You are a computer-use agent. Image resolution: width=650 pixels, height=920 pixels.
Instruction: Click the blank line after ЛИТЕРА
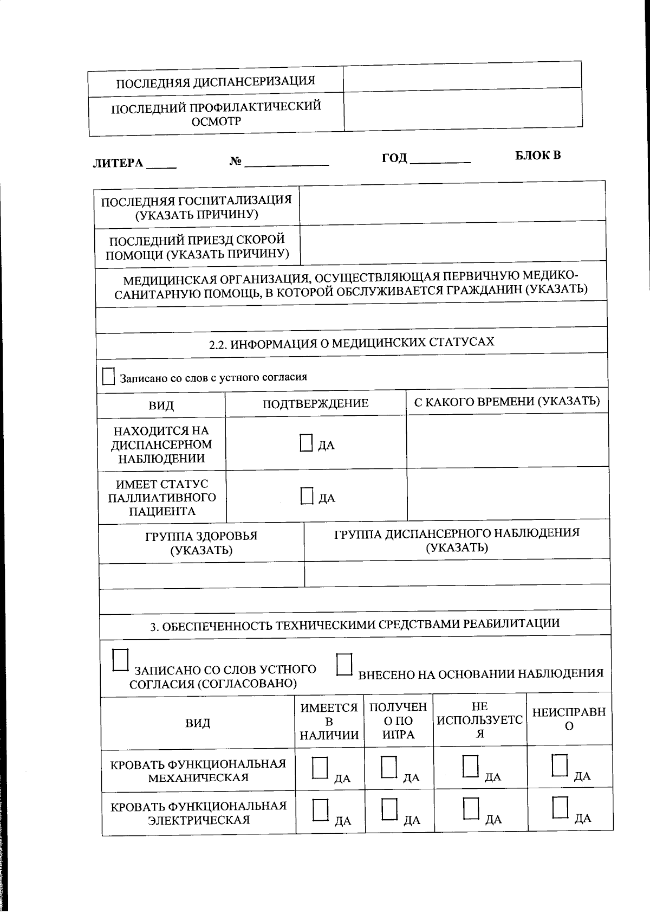[162, 165]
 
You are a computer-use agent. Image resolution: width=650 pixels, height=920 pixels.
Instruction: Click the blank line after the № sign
[287, 162]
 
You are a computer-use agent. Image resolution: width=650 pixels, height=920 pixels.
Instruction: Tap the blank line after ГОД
[440, 159]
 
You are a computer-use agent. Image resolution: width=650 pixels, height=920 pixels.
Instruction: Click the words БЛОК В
[537, 156]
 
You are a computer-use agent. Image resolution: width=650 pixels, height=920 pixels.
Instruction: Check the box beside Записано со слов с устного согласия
[108, 376]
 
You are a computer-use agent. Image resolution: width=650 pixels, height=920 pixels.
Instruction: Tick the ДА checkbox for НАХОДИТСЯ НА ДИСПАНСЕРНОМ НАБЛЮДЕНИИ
[307, 443]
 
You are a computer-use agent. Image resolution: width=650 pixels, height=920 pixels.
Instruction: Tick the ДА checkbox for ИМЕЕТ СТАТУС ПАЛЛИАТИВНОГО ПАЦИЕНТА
[307, 496]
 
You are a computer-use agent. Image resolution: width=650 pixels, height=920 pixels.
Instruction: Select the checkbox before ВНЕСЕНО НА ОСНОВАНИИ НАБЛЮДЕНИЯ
[344, 665]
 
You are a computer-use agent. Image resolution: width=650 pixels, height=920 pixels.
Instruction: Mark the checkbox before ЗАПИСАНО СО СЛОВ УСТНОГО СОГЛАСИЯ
[120, 661]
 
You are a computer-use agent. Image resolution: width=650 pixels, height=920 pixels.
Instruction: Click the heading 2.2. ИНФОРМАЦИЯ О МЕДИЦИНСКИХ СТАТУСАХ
[352, 343]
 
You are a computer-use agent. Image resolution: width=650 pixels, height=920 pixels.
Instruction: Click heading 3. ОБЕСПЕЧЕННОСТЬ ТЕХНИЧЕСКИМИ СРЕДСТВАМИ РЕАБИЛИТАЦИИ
[355, 625]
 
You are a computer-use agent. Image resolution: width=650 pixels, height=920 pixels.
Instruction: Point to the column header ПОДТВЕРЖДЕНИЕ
[315, 403]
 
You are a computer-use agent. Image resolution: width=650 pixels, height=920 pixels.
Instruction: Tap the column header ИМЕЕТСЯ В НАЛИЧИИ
[329, 722]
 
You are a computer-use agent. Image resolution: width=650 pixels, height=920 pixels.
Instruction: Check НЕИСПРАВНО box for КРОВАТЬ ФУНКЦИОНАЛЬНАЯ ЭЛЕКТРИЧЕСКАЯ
[560, 807]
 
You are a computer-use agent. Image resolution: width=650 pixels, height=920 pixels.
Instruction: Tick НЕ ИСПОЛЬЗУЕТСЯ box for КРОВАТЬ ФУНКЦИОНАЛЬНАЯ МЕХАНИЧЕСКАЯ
[471, 766]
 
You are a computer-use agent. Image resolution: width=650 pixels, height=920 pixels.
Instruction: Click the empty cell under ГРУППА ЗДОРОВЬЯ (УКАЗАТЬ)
[201, 575]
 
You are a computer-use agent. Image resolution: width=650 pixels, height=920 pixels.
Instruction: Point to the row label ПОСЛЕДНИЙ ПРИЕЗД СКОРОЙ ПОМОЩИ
[197, 247]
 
